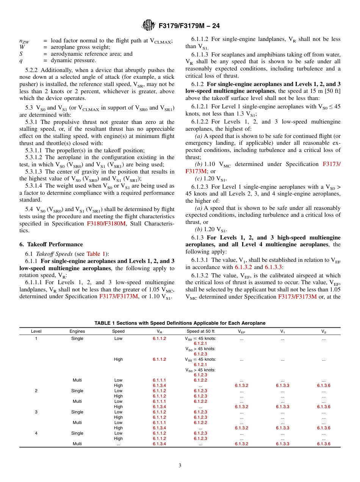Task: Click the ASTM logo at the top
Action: point(148,25)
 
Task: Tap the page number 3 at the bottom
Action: point(180,465)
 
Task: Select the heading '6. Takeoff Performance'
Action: point(51,244)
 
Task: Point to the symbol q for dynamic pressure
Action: point(21,60)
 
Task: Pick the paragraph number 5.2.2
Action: point(32,70)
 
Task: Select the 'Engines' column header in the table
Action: point(77,331)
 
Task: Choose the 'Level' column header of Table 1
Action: point(36,331)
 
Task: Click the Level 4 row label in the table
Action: point(36,433)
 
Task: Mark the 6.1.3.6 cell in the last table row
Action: point(323,444)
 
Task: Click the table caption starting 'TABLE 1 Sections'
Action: point(180,323)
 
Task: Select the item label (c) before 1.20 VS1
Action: point(199,178)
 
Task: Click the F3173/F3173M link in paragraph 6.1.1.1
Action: point(119,296)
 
